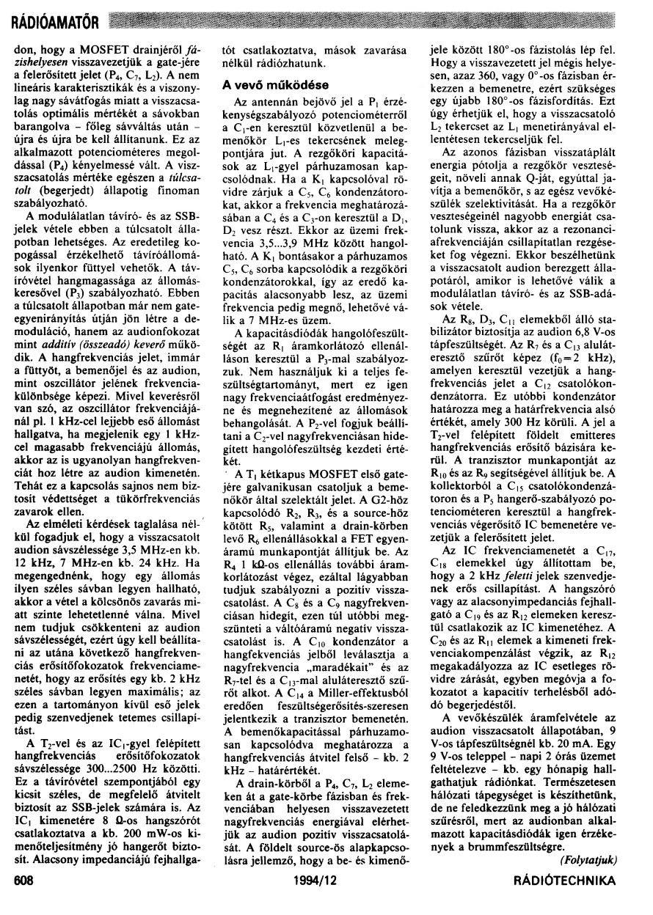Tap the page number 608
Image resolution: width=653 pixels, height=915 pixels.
click(24, 897)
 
